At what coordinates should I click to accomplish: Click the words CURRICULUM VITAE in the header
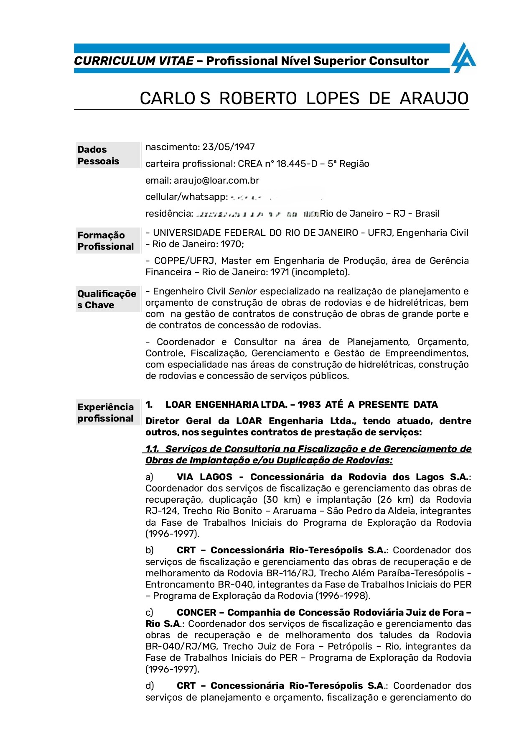(x=134, y=61)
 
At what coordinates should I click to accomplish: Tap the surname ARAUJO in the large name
(x=434, y=99)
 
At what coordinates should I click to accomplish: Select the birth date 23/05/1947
(x=229, y=147)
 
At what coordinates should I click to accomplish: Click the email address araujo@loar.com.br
(x=216, y=180)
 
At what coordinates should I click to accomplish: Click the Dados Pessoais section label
(x=98, y=155)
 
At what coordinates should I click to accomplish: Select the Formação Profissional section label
(x=105, y=241)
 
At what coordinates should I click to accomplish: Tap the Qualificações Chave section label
(x=107, y=299)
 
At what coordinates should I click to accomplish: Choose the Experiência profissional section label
(x=105, y=413)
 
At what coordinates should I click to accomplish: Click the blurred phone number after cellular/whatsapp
(x=276, y=197)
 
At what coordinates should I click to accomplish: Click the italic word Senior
(x=242, y=292)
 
